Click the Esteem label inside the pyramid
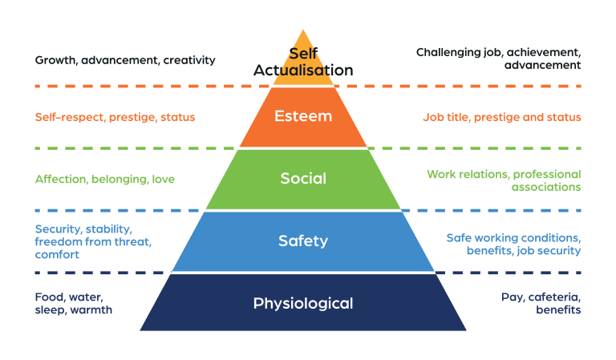coord(302,116)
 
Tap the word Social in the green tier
coord(302,178)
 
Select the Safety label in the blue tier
coord(302,240)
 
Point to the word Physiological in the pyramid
coord(302,303)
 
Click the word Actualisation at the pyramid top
coord(303,70)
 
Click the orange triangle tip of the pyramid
coord(302,40)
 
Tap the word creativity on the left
coord(188,60)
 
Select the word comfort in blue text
coord(58,255)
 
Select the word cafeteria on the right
coord(554,297)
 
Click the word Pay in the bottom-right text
coord(512,297)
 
